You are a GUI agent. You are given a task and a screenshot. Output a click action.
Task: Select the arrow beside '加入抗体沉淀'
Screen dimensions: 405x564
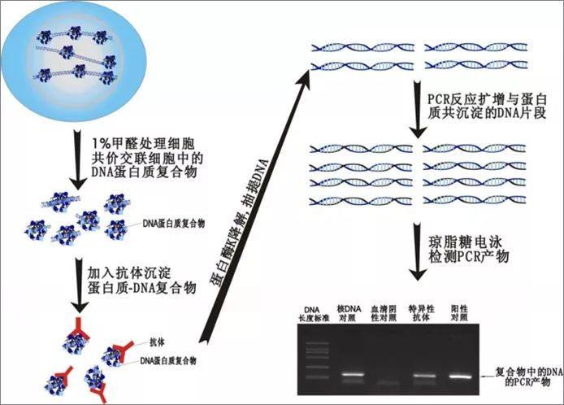[x=76, y=281]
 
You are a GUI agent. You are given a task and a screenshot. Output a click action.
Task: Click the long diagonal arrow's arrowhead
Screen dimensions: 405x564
[x=304, y=76]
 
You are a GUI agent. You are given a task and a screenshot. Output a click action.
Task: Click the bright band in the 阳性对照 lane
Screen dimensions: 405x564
[x=462, y=377]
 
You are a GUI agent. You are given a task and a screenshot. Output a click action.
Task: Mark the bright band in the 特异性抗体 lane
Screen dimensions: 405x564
[x=424, y=377]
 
